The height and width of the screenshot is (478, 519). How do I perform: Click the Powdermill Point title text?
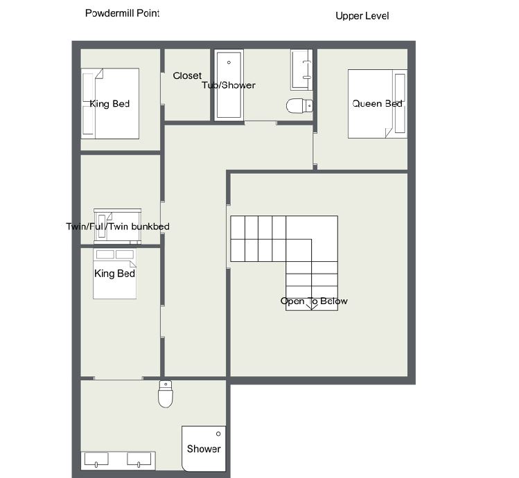click(x=122, y=13)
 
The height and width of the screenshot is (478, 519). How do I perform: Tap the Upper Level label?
click(x=362, y=16)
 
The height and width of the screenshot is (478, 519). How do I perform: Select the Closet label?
click(x=187, y=76)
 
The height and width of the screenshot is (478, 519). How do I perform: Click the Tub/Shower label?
click(x=229, y=85)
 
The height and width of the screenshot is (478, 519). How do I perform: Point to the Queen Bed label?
click(x=377, y=104)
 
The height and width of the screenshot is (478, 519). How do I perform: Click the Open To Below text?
click(x=314, y=301)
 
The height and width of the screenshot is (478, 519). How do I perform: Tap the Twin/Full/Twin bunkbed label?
click(x=118, y=227)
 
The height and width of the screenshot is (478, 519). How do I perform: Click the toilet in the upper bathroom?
click(x=299, y=105)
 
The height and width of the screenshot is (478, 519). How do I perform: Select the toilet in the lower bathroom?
click(x=166, y=394)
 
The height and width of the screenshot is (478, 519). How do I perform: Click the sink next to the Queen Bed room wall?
click(x=301, y=70)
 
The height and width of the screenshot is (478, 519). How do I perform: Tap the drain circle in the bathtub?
click(x=229, y=62)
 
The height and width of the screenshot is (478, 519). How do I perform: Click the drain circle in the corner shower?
click(x=218, y=434)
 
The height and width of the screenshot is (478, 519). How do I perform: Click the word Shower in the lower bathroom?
click(x=204, y=448)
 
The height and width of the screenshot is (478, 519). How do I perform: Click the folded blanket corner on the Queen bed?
click(x=388, y=133)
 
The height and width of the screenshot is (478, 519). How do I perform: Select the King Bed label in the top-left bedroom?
click(x=109, y=104)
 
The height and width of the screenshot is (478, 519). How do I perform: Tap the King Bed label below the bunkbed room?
click(x=114, y=274)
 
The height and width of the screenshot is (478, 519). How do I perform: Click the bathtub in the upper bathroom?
click(x=229, y=85)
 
